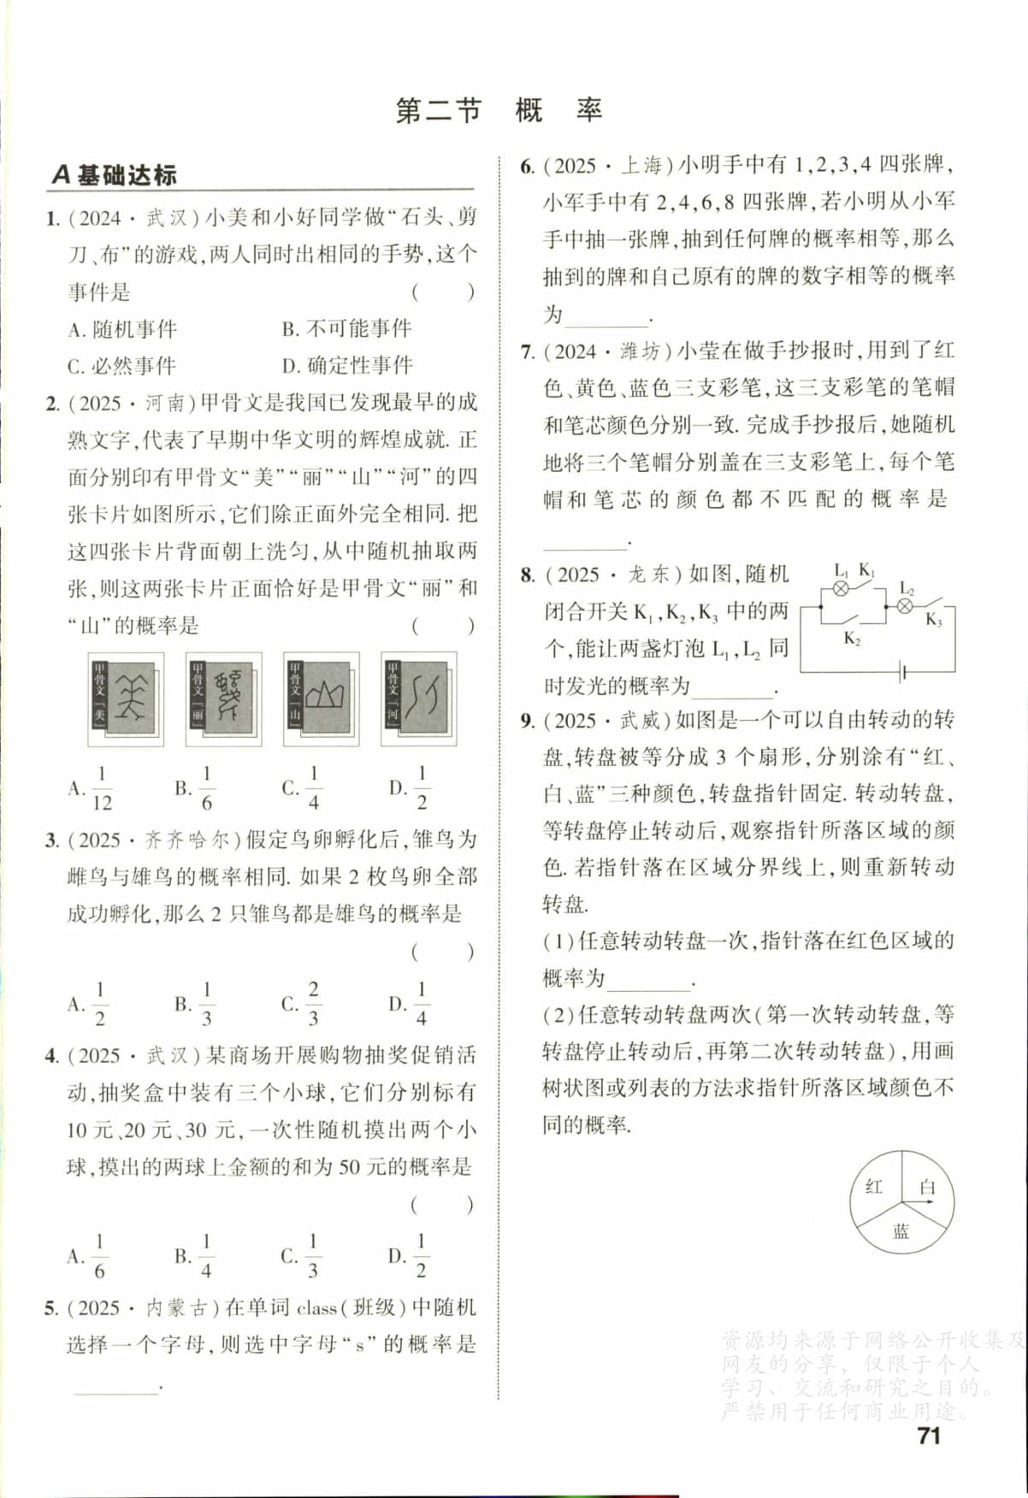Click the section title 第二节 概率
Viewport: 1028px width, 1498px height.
pos(499,110)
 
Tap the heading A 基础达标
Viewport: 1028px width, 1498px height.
pos(114,175)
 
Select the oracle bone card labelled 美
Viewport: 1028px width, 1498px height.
pos(126,699)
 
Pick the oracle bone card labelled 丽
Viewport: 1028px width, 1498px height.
pos(223,699)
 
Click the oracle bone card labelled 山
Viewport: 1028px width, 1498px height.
pos(321,699)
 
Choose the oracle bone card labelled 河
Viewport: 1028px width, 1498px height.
pos(418,699)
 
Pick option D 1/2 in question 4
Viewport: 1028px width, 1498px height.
pos(409,1256)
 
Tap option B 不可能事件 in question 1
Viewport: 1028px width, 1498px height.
pos(347,328)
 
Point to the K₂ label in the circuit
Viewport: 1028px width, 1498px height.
pos(852,638)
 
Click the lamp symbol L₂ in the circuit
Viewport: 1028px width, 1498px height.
pos(905,606)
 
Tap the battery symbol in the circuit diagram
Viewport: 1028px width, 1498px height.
pos(902,672)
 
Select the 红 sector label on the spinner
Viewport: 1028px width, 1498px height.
pos(874,1187)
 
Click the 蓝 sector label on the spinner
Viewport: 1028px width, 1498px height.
pos(901,1231)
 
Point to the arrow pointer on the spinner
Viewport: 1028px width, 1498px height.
pos(919,1202)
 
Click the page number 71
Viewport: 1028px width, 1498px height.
pos(928,1436)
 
